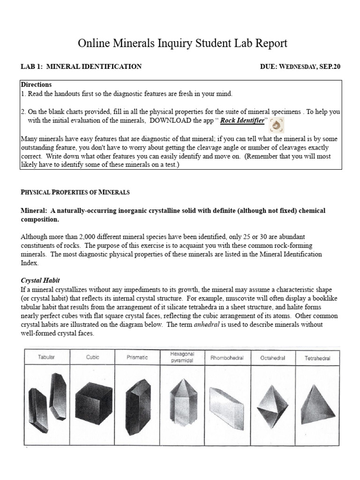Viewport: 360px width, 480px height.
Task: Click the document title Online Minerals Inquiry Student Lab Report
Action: [182, 44]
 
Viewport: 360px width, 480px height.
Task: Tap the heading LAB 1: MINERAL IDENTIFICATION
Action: [81, 67]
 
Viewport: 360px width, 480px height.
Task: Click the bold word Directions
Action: [36, 85]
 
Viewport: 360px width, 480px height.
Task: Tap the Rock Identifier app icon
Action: [277, 125]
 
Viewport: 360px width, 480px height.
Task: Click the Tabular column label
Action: [46, 357]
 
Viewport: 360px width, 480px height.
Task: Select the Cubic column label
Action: [92, 357]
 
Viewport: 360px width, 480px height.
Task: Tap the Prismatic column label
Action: [137, 357]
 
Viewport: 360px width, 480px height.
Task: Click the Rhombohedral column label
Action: [227, 358]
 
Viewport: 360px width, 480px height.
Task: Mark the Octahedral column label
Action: [273, 358]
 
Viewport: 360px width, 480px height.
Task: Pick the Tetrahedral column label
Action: [317, 358]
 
